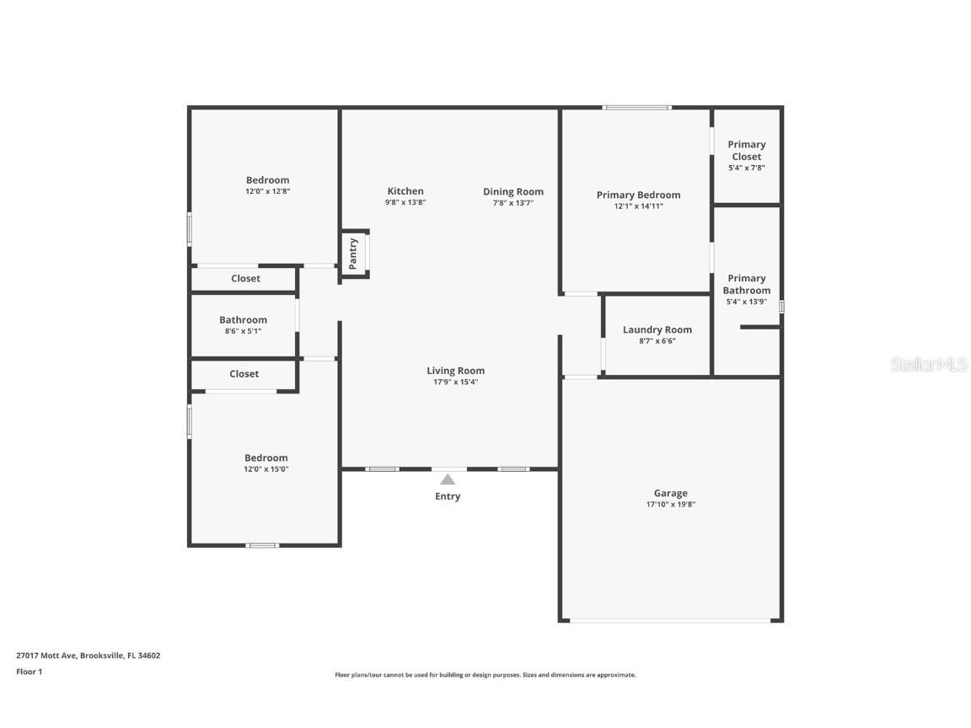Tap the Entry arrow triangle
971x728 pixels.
pyautogui.click(x=448, y=479)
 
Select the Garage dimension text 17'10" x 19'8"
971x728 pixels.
pyautogui.click(x=671, y=505)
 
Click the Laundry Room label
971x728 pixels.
pyautogui.click(x=657, y=329)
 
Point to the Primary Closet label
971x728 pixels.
pyautogui.click(x=747, y=150)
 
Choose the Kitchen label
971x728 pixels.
pyautogui.click(x=405, y=191)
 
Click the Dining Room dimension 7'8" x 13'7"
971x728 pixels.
pyautogui.click(x=513, y=203)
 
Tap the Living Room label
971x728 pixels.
pyautogui.click(x=455, y=371)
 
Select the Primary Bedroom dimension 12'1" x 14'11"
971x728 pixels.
pyautogui.click(x=639, y=206)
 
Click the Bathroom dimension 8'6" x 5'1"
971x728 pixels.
pyautogui.click(x=243, y=331)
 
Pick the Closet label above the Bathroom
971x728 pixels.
pyautogui.click(x=246, y=279)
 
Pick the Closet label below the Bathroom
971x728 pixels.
pyautogui.click(x=244, y=374)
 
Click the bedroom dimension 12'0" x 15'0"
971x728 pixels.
pyautogui.click(x=266, y=469)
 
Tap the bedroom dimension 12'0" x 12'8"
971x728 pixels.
pyautogui.click(x=267, y=191)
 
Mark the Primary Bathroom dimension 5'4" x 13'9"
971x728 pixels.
pyautogui.click(x=747, y=302)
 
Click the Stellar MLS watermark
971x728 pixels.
pyautogui.click(x=931, y=365)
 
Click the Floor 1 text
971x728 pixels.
pyautogui.click(x=29, y=672)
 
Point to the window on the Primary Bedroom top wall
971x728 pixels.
pyautogui.click(x=636, y=108)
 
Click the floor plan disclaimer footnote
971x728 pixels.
pyautogui.click(x=485, y=675)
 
